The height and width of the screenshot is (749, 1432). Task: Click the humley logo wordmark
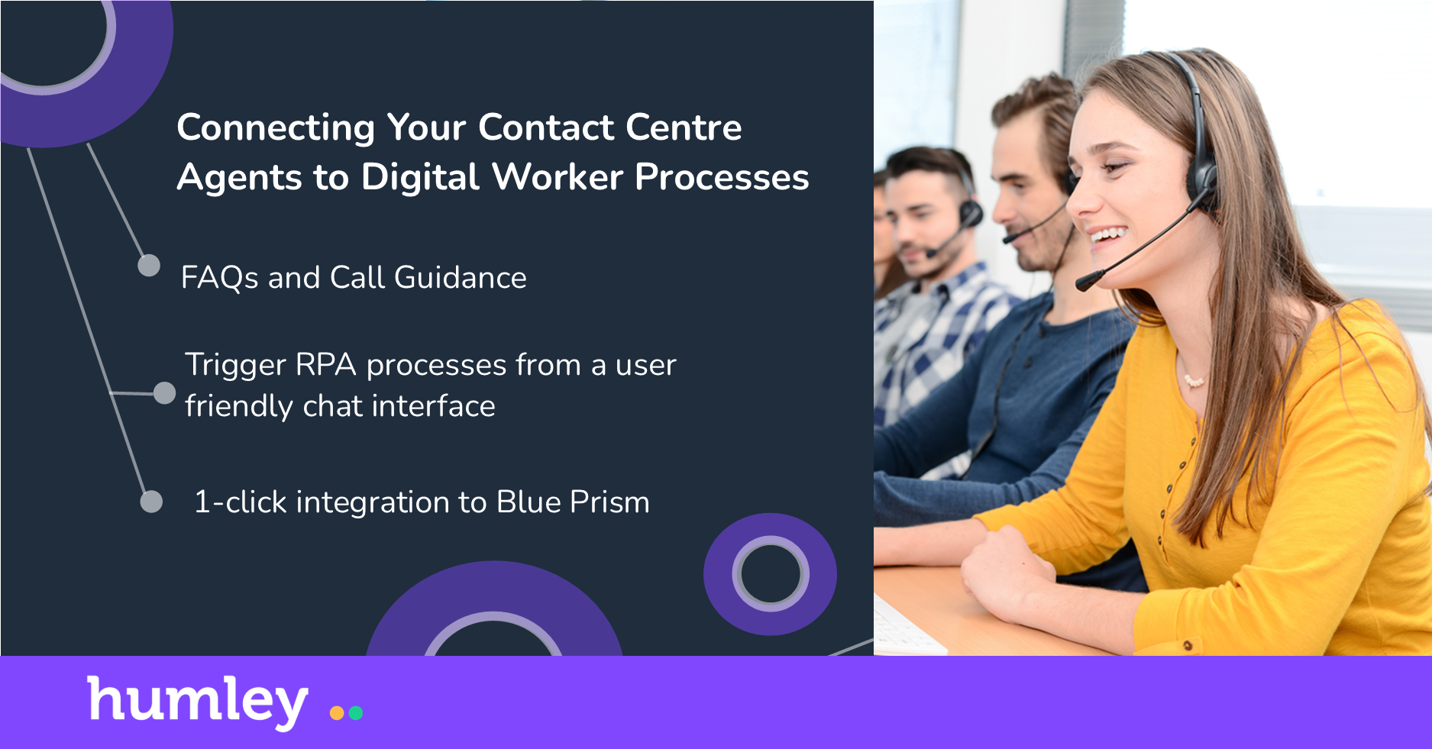pyautogui.click(x=198, y=701)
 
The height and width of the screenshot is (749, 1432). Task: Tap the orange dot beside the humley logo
pyautogui.click(x=337, y=713)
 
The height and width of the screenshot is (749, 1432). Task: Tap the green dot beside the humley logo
pyautogui.click(x=355, y=713)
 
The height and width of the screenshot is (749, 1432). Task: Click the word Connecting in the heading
pyautogui.click(x=275, y=128)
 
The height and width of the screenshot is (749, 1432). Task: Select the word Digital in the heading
pyautogui.click(x=421, y=177)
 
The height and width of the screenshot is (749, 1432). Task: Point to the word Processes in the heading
pyautogui.click(x=722, y=177)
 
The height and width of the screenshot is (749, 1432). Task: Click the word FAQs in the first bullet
pyautogui.click(x=219, y=278)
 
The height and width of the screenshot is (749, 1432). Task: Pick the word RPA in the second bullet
pyautogui.click(x=326, y=365)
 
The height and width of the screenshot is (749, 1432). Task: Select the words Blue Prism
pyautogui.click(x=573, y=502)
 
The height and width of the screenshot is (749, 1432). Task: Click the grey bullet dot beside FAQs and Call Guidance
pyautogui.click(x=149, y=266)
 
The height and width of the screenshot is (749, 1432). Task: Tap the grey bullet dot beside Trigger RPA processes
pyautogui.click(x=164, y=393)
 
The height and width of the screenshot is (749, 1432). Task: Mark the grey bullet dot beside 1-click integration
pyautogui.click(x=151, y=502)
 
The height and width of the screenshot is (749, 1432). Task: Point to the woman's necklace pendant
pyautogui.click(x=1194, y=379)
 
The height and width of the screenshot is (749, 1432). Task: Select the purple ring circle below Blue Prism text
pyautogui.click(x=770, y=574)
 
